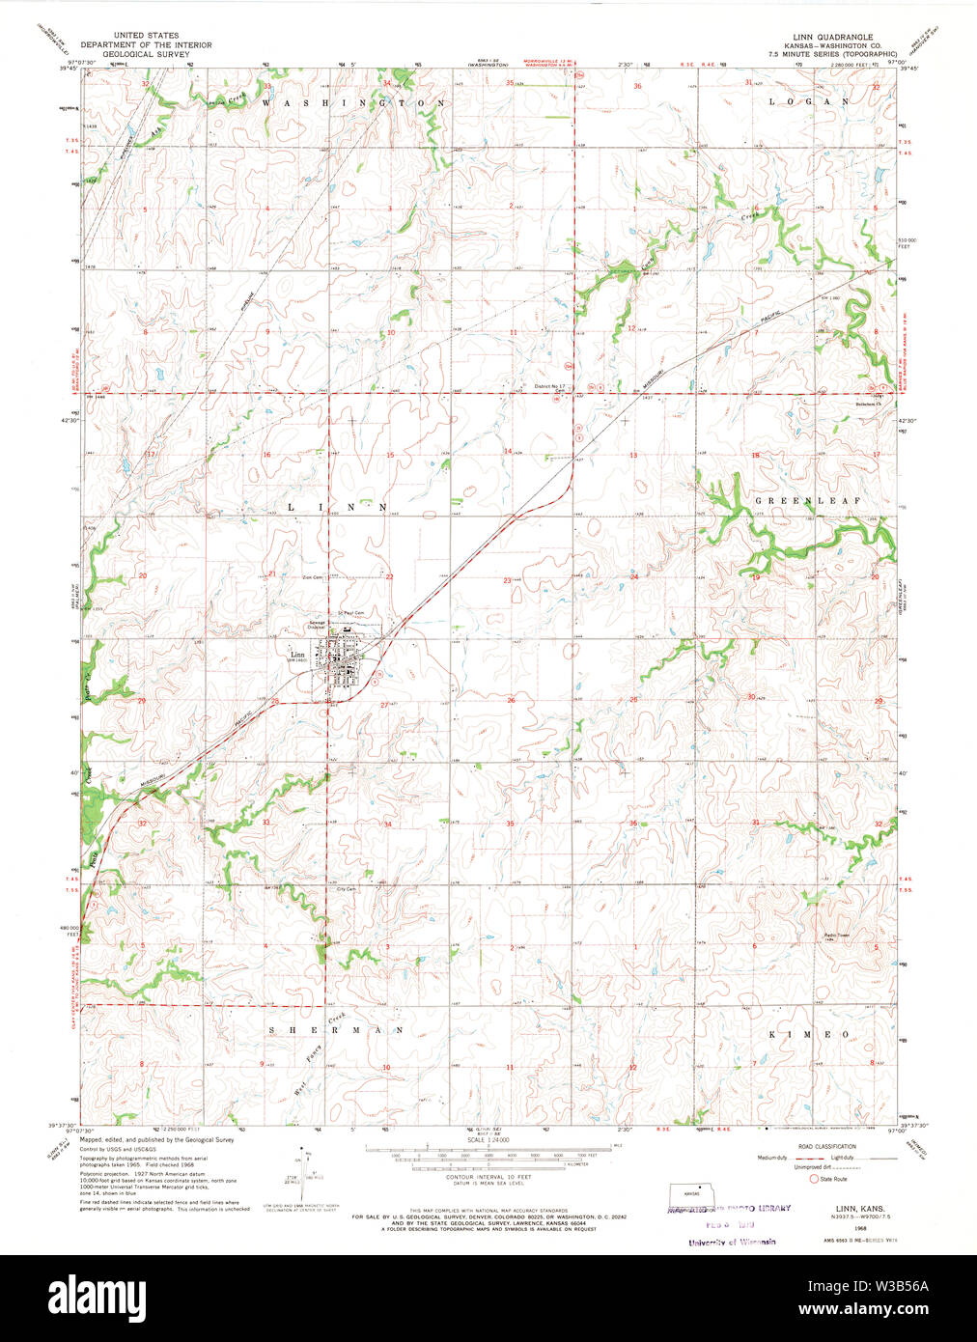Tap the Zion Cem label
coord(312,577)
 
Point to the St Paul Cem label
coord(349,613)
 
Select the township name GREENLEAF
coord(802,502)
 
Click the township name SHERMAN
coord(335,1030)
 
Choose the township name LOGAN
coord(808,101)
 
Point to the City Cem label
coord(346,888)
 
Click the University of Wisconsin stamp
coord(731,1242)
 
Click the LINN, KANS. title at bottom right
coord(841,1208)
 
